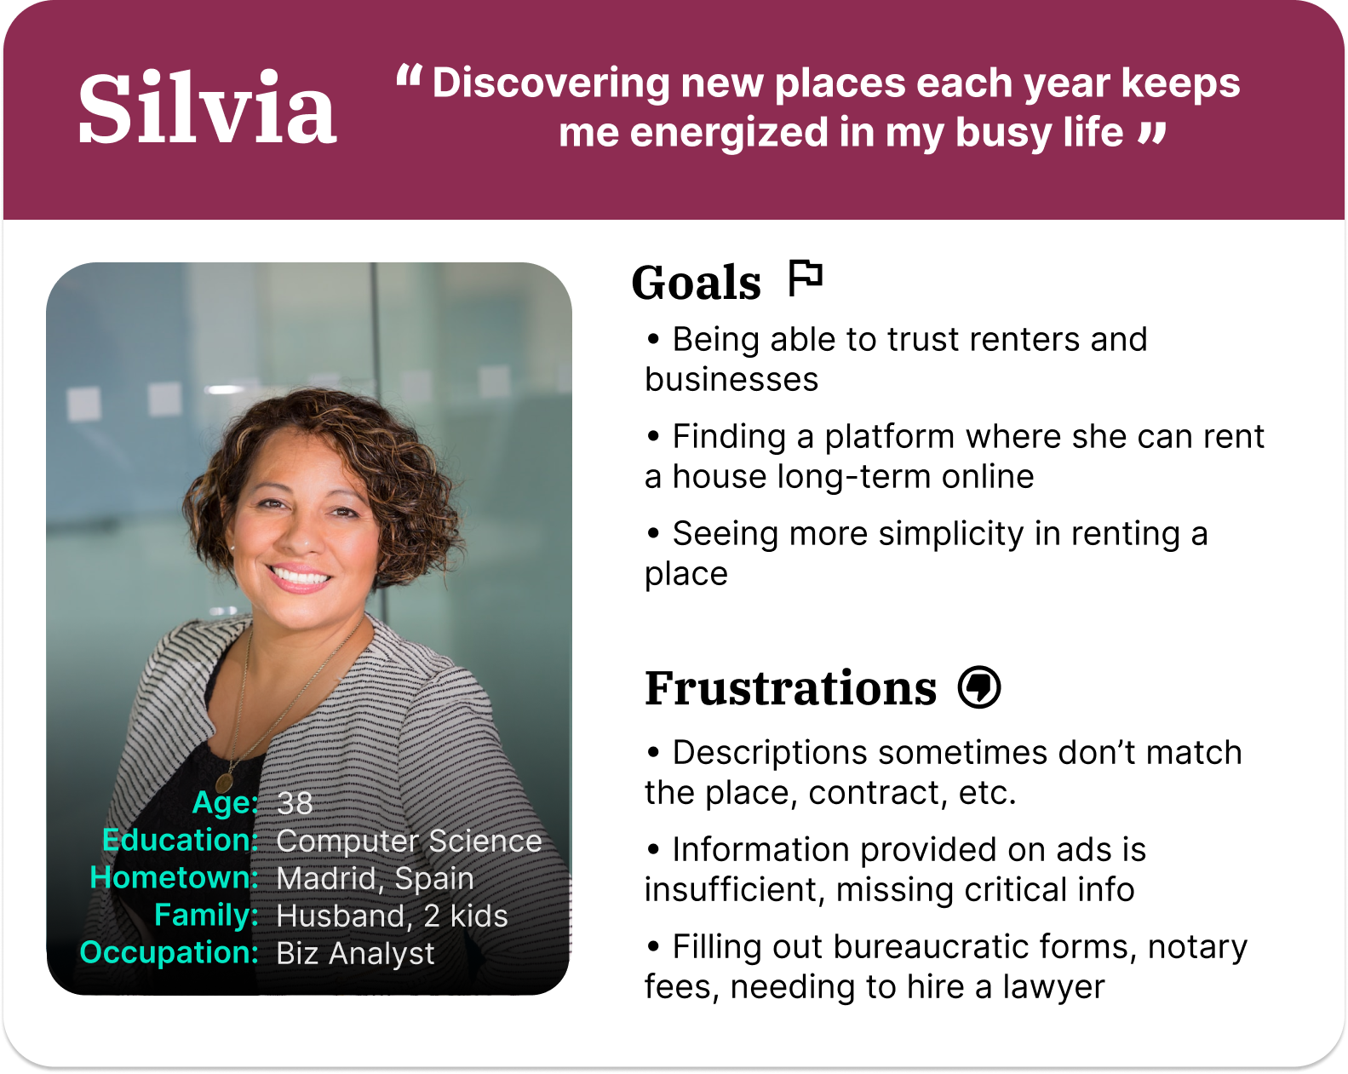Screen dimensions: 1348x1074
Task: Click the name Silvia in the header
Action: tap(207, 107)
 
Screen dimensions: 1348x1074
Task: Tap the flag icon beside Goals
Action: tap(805, 278)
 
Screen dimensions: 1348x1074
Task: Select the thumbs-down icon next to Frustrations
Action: tap(979, 686)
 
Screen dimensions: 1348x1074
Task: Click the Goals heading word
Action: tap(696, 283)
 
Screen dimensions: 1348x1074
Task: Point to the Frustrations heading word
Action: tap(790, 688)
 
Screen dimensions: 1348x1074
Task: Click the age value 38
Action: tap(295, 802)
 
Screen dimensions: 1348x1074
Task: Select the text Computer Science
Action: tap(409, 841)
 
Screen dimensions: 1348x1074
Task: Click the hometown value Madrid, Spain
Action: tap(375, 878)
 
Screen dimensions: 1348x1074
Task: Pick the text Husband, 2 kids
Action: tap(392, 916)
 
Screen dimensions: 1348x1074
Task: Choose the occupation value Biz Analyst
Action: tap(355, 953)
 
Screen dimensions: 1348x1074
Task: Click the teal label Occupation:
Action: tap(169, 952)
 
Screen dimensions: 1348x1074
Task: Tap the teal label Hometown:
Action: tap(174, 877)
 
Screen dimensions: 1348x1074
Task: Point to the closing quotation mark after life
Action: tap(1151, 133)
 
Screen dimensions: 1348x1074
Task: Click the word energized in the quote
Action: tap(729, 134)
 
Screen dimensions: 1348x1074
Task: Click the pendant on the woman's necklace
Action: tap(224, 781)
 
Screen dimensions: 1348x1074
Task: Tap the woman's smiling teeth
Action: tap(300, 576)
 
